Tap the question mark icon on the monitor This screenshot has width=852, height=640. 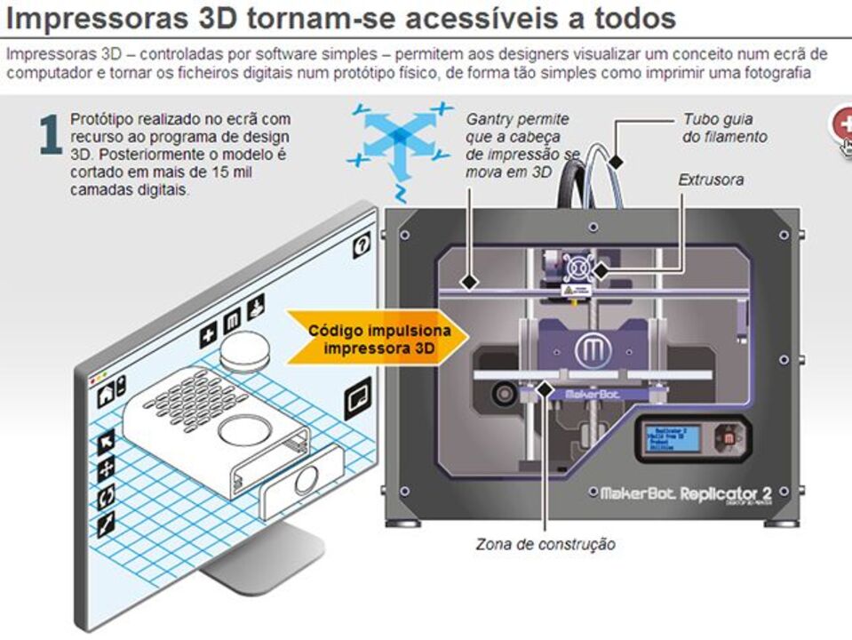(362, 247)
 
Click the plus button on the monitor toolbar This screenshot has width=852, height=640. (209, 336)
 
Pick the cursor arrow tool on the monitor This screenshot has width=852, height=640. (106, 439)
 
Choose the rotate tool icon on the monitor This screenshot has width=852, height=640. (106, 495)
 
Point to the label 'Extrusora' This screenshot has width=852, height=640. (711, 180)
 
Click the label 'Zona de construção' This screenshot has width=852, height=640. (545, 544)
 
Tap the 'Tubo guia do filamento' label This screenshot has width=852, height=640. (725, 128)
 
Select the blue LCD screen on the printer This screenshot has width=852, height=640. (674, 438)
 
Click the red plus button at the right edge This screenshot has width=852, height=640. (842, 124)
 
